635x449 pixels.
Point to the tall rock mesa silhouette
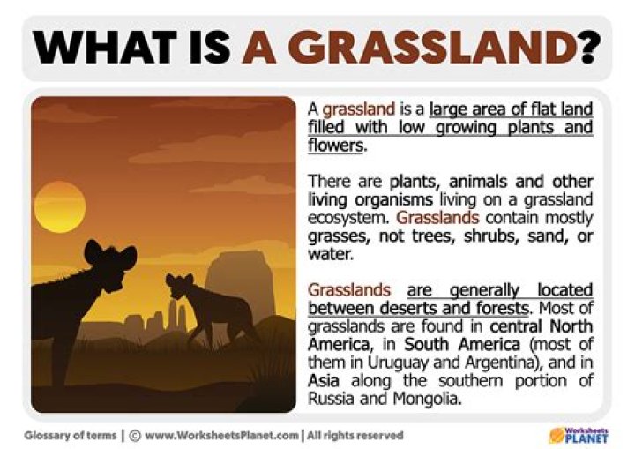click(240, 282)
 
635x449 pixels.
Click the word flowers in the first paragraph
click(335, 146)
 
